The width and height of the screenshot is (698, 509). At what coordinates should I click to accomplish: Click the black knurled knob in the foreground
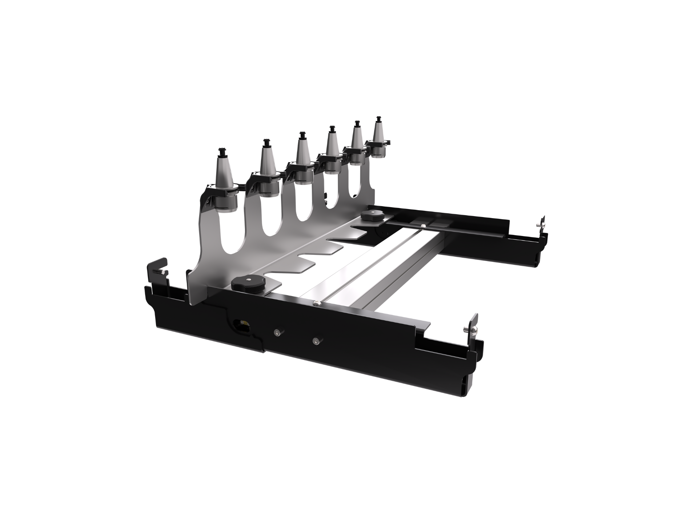[x=247, y=283]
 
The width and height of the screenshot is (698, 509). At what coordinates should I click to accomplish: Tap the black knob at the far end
[x=373, y=215]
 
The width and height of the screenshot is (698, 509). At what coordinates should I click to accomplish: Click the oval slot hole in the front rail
[x=241, y=323]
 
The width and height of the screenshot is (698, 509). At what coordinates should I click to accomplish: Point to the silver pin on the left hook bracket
[x=160, y=272]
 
